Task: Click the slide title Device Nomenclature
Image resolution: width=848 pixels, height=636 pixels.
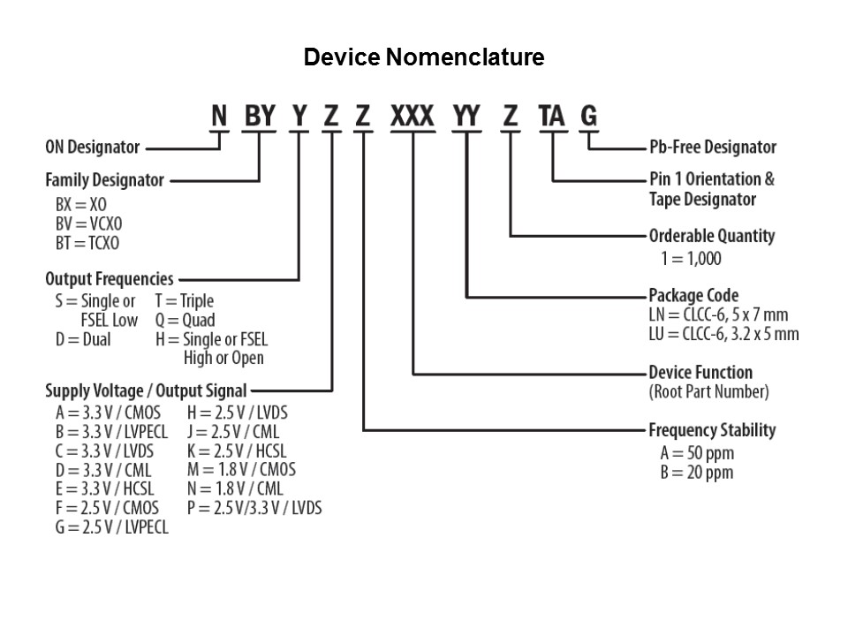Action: (x=423, y=58)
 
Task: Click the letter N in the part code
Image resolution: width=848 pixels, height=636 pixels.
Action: (x=220, y=116)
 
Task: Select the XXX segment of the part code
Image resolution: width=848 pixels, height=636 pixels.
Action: (x=413, y=116)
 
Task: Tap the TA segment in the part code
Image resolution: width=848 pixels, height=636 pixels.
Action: (x=551, y=116)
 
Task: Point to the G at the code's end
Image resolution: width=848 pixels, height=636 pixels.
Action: (x=588, y=116)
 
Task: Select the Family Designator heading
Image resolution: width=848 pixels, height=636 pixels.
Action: (x=104, y=180)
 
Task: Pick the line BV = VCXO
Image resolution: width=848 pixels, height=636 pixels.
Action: (x=87, y=223)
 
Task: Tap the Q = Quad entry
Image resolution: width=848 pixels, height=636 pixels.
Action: (x=185, y=320)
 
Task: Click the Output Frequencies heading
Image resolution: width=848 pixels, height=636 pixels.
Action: (x=110, y=279)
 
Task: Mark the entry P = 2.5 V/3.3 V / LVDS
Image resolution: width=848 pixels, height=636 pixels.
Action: (x=254, y=508)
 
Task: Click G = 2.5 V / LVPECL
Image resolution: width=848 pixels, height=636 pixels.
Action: (x=107, y=527)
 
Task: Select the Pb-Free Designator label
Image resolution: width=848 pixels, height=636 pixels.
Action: (x=712, y=148)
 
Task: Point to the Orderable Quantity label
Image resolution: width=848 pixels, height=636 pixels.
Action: (x=711, y=236)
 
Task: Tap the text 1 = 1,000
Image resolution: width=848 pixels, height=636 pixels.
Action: (x=691, y=259)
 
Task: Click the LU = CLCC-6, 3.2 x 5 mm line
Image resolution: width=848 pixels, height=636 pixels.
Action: (x=723, y=334)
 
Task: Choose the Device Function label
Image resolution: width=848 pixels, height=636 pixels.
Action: (x=700, y=372)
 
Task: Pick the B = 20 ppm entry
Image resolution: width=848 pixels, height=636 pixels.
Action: (x=691, y=473)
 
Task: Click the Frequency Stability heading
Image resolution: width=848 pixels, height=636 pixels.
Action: (x=712, y=430)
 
